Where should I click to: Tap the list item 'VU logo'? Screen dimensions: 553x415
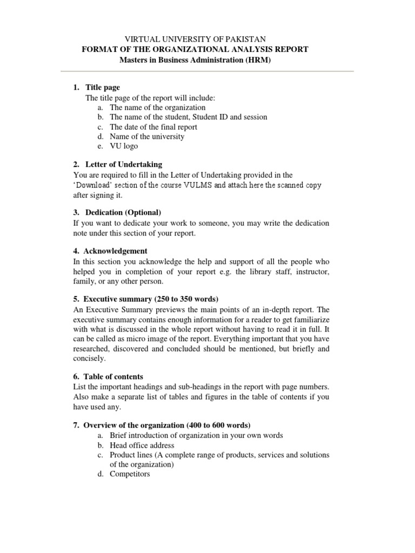coord(124,146)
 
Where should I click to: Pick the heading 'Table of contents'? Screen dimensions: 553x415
coord(113,376)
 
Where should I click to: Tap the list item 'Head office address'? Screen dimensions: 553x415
coord(142,445)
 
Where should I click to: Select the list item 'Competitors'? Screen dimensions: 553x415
coord(130,474)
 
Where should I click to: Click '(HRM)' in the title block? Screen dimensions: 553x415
coord(258,59)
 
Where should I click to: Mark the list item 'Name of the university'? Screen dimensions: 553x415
coord(147,136)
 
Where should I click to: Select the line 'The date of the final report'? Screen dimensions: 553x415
coord(153,126)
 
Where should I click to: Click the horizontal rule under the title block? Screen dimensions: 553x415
coord(207,71)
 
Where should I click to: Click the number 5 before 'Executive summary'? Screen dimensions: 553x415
coord(75,299)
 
